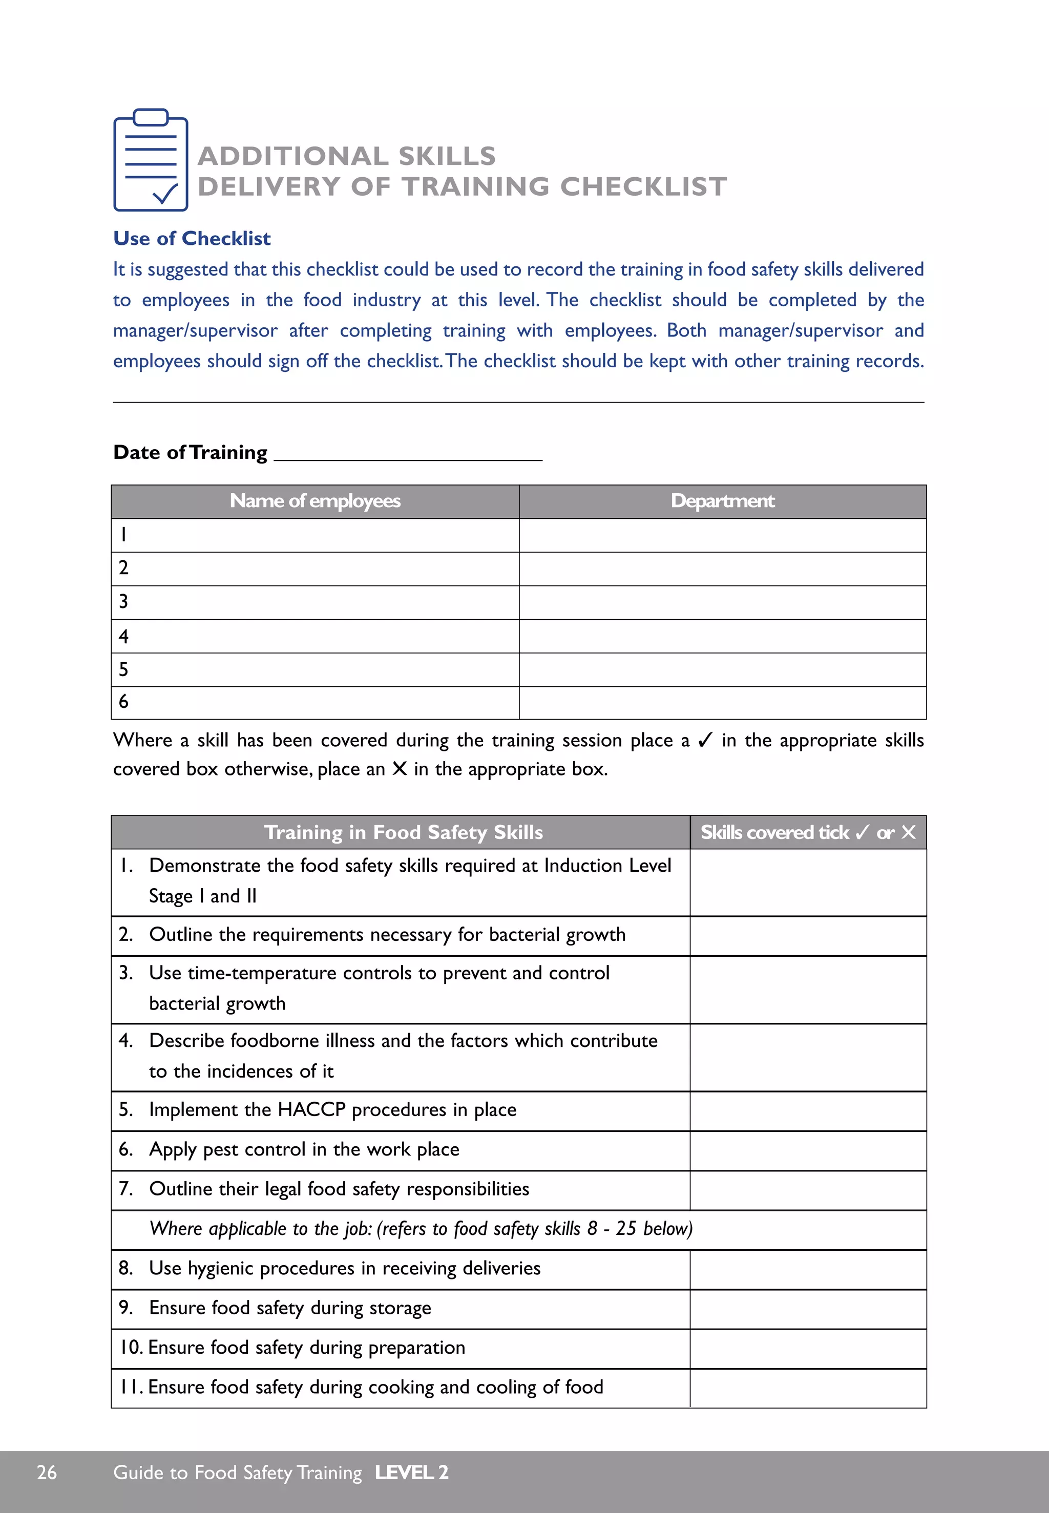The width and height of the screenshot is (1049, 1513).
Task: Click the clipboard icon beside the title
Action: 151,160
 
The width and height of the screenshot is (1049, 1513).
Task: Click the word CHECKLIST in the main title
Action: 643,186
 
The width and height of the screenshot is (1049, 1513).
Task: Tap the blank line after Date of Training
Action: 408,453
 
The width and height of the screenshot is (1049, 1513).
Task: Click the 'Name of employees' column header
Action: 315,501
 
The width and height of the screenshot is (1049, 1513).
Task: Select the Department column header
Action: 722,501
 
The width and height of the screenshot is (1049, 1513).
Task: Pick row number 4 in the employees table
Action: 123,636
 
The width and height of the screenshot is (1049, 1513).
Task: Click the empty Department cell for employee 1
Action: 722,535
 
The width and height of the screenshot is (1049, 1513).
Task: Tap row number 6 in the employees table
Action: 123,702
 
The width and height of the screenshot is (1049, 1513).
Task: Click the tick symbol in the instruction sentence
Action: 705,741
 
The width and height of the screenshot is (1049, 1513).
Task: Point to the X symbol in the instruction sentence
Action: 399,769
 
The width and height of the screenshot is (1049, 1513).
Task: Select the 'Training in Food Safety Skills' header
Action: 403,833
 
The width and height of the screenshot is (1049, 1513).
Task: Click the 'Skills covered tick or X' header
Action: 807,833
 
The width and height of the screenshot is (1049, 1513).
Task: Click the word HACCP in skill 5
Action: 311,1110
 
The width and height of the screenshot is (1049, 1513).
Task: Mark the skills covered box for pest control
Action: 807,1150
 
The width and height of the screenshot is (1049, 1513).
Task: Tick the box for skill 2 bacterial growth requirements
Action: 807,935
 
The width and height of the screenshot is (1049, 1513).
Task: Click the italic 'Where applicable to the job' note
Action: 421,1229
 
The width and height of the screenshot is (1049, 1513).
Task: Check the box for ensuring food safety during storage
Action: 807,1309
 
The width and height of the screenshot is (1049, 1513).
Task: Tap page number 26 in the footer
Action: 47,1472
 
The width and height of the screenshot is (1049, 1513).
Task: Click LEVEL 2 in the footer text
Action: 411,1472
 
